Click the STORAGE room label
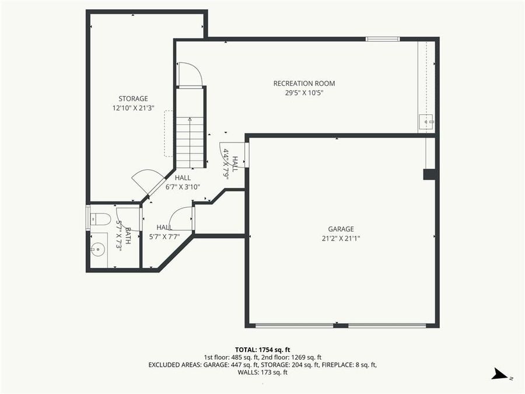tap(133, 99)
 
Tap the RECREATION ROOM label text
tap(304, 83)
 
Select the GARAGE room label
tap(341, 229)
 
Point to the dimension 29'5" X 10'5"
tap(304, 93)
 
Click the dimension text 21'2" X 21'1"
tap(341, 238)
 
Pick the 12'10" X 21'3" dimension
tap(133, 107)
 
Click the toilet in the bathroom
tap(101, 219)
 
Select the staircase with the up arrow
tap(190, 142)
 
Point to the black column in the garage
tap(430, 174)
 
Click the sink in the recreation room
tap(426, 121)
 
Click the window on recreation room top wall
tap(383, 39)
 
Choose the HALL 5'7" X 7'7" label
tap(164, 232)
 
